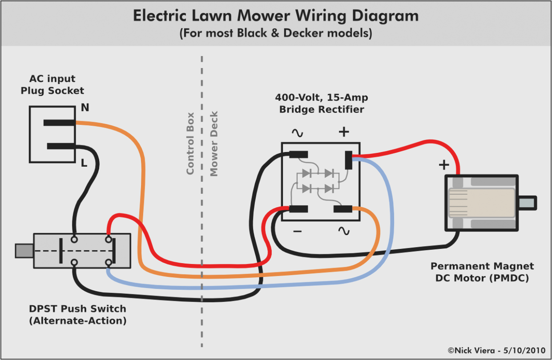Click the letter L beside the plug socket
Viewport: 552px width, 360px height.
pyautogui.click(x=84, y=164)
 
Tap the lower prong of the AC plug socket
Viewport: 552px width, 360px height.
pyautogui.click(x=61, y=146)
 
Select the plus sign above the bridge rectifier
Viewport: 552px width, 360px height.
pyautogui.click(x=344, y=132)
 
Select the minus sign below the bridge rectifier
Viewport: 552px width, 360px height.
pyautogui.click(x=298, y=231)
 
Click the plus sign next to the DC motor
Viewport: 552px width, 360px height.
pyautogui.click(x=443, y=165)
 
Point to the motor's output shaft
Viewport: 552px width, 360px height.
pyautogui.click(x=528, y=203)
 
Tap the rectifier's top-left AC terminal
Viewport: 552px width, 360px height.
pyautogui.click(x=298, y=155)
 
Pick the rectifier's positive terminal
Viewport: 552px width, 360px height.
pyautogui.click(x=348, y=160)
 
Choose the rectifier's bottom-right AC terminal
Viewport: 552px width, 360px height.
pyautogui.click(x=343, y=208)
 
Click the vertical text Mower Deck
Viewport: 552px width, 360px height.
pyautogui.click(x=214, y=144)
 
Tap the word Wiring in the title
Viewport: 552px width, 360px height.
pyautogui.click(x=318, y=16)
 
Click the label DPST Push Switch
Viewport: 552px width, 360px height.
pyautogui.click(x=77, y=308)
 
